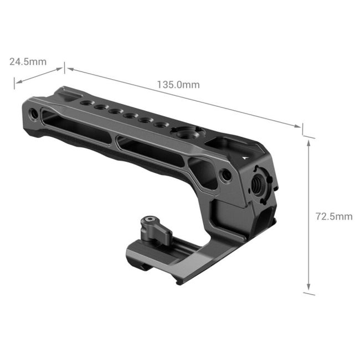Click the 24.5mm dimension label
pyautogui.click(x=28, y=61)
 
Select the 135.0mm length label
pyautogui.click(x=178, y=85)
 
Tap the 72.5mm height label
pyautogui.click(x=333, y=216)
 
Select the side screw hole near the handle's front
pyautogui.click(x=225, y=175)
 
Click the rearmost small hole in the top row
pyautogui.click(x=85, y=103)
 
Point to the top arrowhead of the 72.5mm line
pyautogui.click(x=308, y=140)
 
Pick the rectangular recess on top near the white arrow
pyautogui.click(x=224, y=145)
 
